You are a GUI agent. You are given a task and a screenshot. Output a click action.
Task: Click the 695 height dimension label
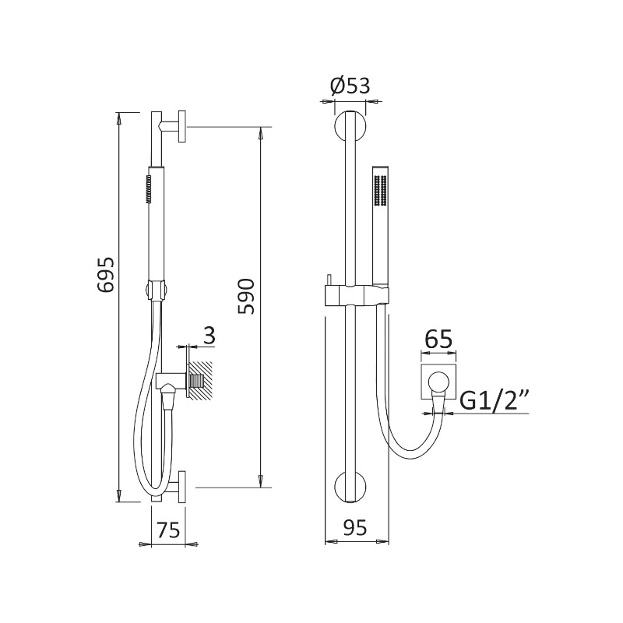pyautogui.click(x=106, y=275)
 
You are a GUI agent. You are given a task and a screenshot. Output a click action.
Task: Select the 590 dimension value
pyautogui.click(x=246, y=297)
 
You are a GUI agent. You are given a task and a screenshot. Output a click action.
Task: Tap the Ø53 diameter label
pyautogui.click(x=350, y=86)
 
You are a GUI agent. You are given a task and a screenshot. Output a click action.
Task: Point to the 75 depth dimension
pyautogui.click(x=169, y=530)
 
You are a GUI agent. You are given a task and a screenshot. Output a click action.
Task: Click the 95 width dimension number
pyautogui.click(x=355, y=528)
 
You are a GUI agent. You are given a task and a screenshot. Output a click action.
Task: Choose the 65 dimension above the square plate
pyautogui.click(x=438, y=340)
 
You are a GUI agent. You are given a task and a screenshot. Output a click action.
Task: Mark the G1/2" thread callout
pyautogui.click(x=493, y=402)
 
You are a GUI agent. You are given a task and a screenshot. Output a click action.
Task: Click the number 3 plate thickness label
pyautogui.click(x=209, y=336)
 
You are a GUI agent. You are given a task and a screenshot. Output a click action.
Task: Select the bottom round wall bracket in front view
pyautogui.click(x=350, y=487)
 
